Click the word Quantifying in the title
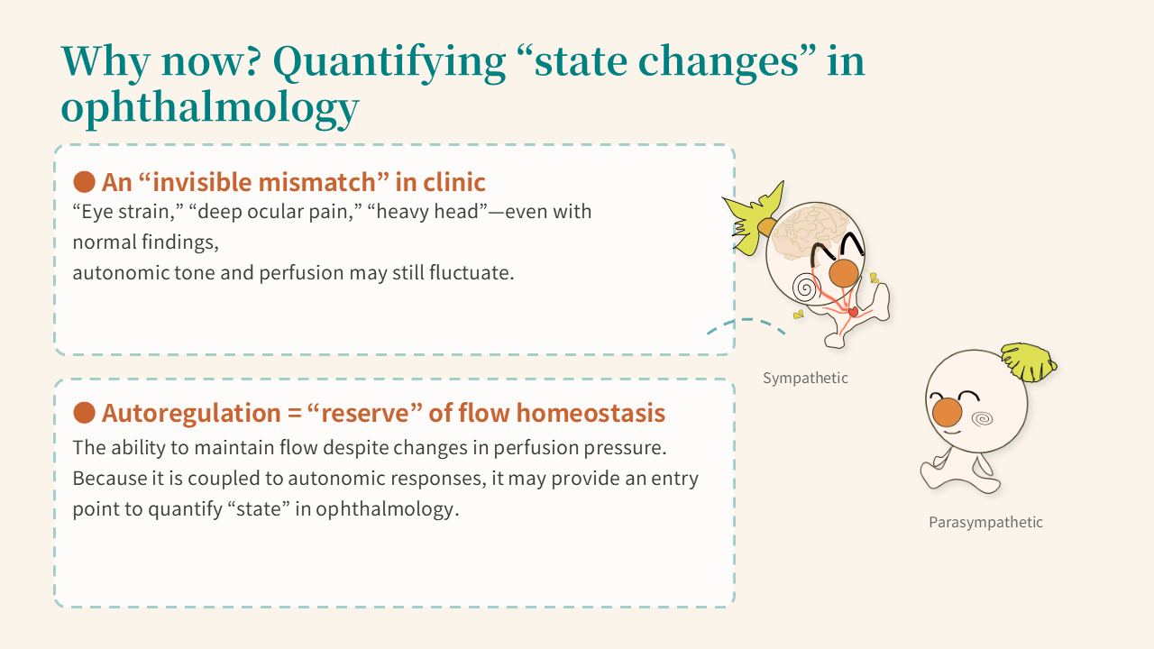point(389,63)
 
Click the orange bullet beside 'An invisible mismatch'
point(84,182)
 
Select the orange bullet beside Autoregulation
point(84,413)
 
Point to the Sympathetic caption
point(805,378)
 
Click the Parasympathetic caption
point(985,522)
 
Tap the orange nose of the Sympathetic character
point(843,273)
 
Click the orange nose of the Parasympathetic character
point(947,412)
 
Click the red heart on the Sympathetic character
point(853,311)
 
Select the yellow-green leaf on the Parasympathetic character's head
point(1029,361)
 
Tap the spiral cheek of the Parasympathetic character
point(982,419)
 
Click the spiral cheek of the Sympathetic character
point(804,287)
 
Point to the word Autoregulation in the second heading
point(191,414)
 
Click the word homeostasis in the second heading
point(591,413)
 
